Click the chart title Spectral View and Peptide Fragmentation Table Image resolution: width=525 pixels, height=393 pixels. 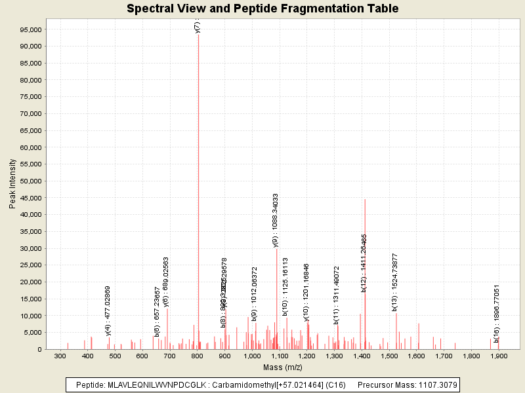click(x=262, y=9)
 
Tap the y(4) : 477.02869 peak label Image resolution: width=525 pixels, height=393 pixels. click(x=108, y=310)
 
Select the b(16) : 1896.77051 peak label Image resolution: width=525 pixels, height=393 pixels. click(x=497, y=313)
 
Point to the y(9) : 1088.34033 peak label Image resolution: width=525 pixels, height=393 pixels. click(x=276, y=220)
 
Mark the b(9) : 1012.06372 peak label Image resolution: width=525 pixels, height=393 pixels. click(x=255, y=294)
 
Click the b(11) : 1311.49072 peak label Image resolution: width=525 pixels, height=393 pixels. click(x=337, y=295)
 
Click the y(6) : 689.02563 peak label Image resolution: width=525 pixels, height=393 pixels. click(x=166, y=282)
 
